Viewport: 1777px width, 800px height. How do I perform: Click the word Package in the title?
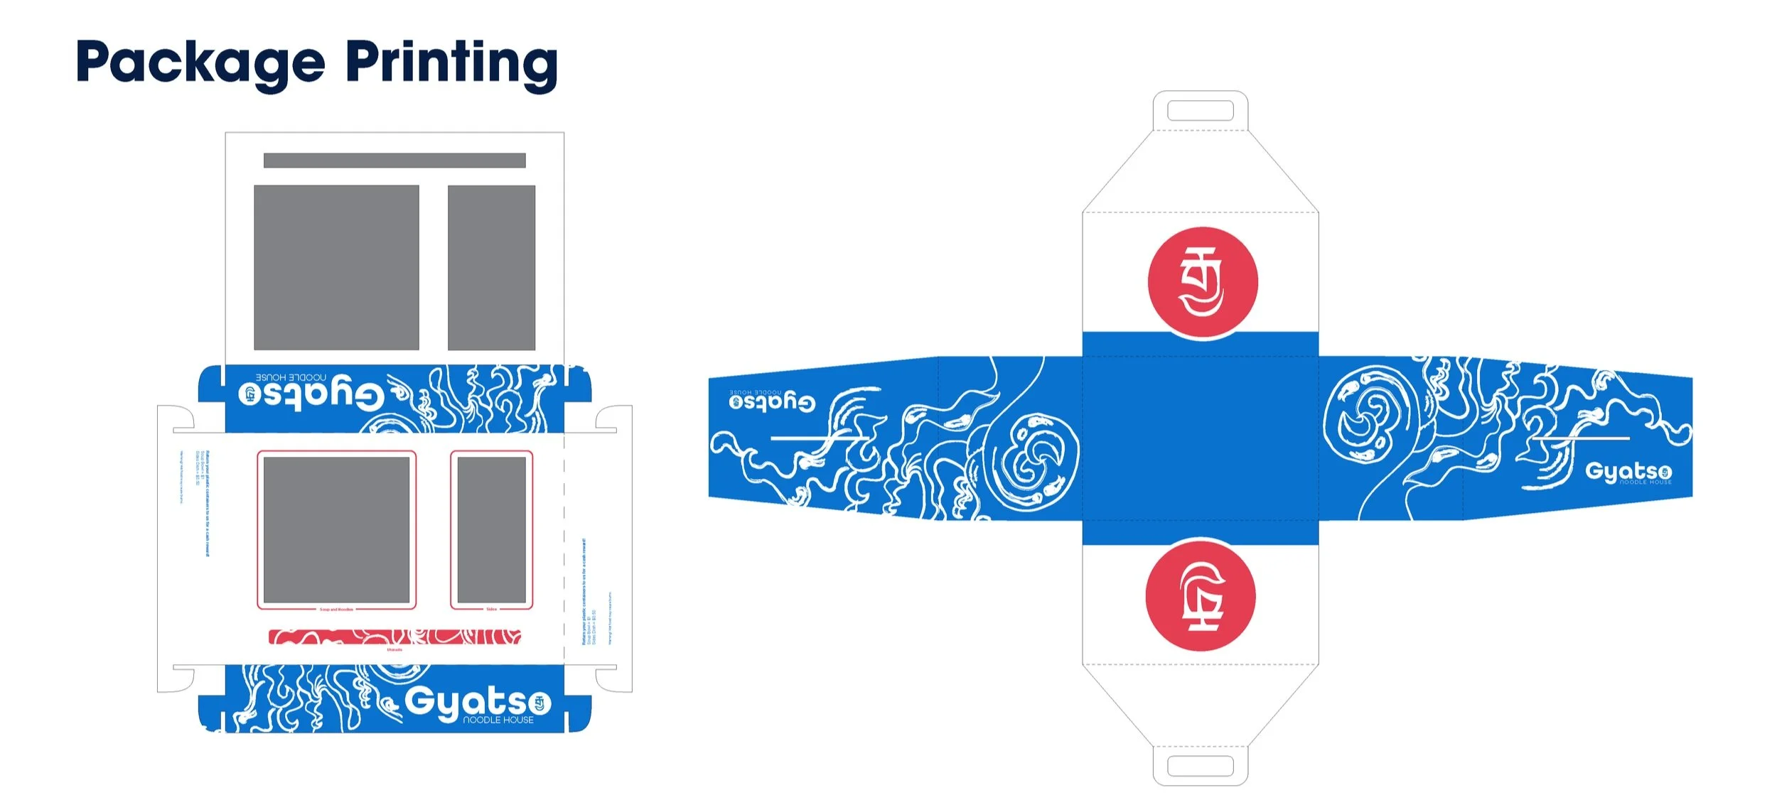[200, 63]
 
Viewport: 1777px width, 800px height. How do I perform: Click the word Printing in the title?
[451, 63]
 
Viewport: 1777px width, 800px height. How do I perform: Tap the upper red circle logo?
[1203, 282]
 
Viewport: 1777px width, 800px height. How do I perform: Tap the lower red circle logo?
[1201, 595]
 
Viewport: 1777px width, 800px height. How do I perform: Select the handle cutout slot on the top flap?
[1200, 111]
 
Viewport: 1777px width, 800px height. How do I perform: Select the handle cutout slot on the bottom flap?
[1200, 766]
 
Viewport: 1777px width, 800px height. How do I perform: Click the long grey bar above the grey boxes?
[394, 161]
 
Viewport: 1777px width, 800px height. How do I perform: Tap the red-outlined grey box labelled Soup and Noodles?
[336, 529]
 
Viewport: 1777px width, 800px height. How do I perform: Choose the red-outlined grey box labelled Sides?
[491, 529]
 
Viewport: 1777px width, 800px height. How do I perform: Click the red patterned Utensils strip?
[394, 637]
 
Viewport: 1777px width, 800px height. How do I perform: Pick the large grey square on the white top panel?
[336, 267]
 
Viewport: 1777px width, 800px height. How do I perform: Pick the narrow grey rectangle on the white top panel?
[491, 267]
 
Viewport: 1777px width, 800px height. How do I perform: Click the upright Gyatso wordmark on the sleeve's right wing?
[1628, 472]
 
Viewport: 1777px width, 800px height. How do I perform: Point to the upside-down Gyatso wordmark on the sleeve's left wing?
[772, 402]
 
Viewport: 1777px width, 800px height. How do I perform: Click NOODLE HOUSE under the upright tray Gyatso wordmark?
[498, 720]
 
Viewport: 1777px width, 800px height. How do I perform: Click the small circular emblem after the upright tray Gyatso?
[539, 703]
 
